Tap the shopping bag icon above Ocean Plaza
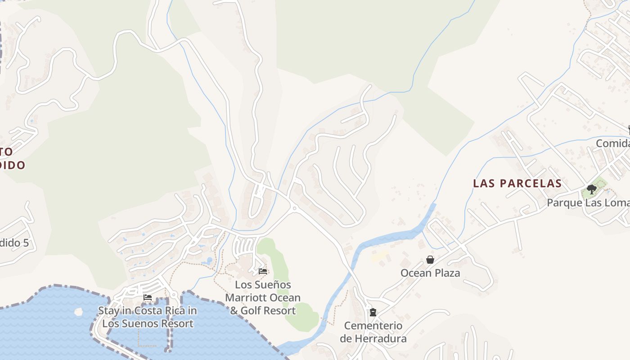coord(430,260)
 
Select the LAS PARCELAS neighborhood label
coord(517,183)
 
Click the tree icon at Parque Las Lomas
coord(592,189)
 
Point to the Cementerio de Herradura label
coord(373,332)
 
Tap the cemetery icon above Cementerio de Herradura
coord(373,312)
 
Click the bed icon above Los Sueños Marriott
coord(263,271)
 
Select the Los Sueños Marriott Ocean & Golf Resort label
coord(263,297)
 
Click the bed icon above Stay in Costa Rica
coord(147,297)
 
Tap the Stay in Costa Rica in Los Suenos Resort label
coord(148,317)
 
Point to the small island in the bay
coord(79,311)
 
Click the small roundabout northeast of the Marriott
coord(294,208)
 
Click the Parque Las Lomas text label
coord(588,202)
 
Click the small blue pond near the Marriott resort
coord(208,261)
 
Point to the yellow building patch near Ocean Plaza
coord(380,256)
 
